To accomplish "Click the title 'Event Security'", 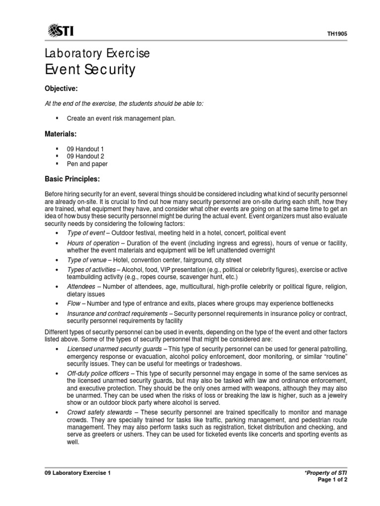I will coord(90,70).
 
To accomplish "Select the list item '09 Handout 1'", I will coord(85,149).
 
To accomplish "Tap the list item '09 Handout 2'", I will coord(85,156).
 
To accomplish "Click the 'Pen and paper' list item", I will coord(87,164).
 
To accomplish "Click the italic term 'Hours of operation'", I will coord(93,243).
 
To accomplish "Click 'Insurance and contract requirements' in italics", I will coord(117,314).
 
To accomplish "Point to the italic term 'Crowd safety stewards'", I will coord(99,412).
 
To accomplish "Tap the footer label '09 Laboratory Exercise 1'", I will coord(78,473).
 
